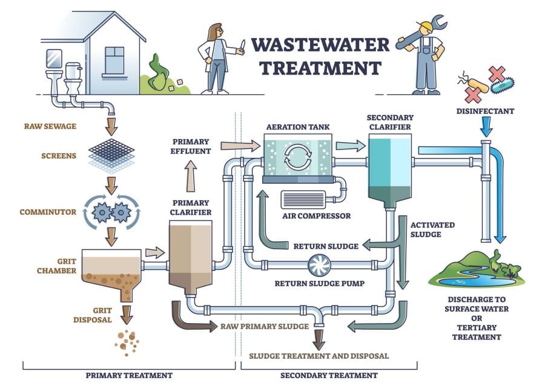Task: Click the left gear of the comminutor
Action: pyautogui.click(x=102, y=212)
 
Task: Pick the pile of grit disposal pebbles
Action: pyautogui.click(x=128, y=342)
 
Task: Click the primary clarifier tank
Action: pyautogui.click(x=191, y=254)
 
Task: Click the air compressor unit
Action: pyautogui.click(x=303, y=199)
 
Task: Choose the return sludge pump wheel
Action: pyautogui.click(x=319, y=265)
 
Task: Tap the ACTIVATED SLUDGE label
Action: pyautogui.click(x=433, y=230)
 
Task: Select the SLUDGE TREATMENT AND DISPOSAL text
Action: pyautogui.click(x=319, y=356)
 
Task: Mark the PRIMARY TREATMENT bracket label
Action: pyautogui.click(x=129, y=375)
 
